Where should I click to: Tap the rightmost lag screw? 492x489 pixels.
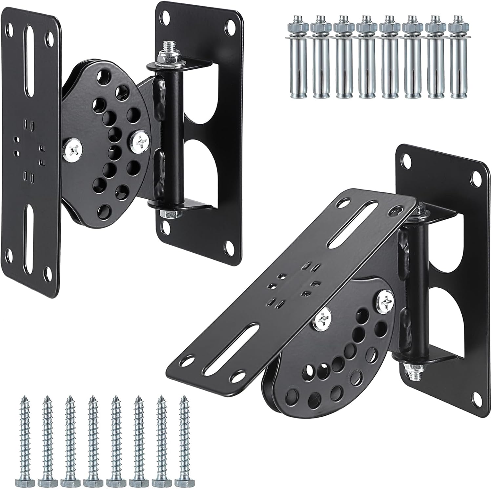click(x=183, y=440)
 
